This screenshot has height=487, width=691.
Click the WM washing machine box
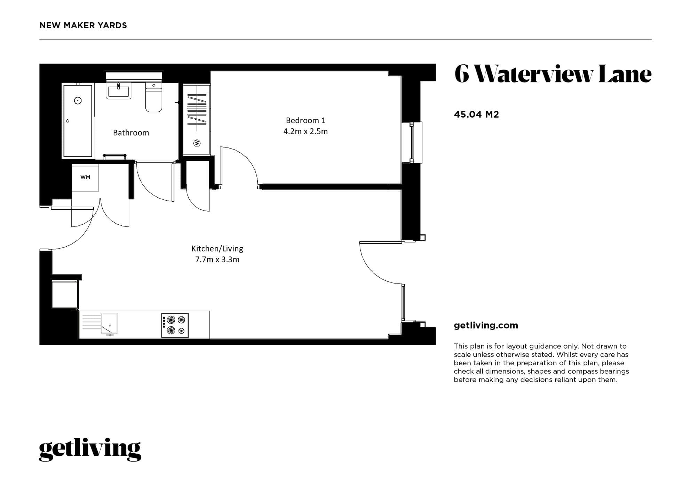pos(85,177)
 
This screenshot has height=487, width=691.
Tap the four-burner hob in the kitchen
pos(175,325)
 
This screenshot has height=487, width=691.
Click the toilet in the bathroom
pos(153,97)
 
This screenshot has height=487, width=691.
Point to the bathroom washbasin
pos(119,91)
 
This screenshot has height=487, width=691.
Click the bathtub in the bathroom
pos(78,121)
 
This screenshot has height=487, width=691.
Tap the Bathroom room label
pos(131,133)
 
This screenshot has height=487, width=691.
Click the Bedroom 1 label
pos(305,120)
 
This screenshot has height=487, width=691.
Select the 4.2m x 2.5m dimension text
pos(305,131)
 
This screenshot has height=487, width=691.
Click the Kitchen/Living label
pos(217,249)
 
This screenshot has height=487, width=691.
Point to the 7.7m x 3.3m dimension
pos(217,260)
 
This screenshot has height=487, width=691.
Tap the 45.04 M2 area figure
pos(476,114)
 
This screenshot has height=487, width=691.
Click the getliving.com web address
pos(486,326)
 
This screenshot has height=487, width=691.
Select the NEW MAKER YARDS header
pos(83,25)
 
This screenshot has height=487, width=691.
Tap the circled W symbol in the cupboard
pos(197,143)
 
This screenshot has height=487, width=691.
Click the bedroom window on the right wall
pos(412,142)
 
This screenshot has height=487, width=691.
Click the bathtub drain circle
pos(78,101)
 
